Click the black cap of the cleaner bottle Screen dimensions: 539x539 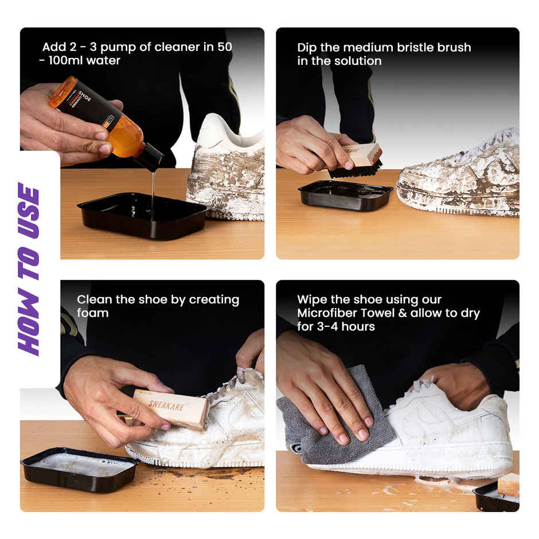pyautogui.click(x=150, y=158)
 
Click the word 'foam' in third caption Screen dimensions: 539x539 pyautogui.click(x=92, y=313)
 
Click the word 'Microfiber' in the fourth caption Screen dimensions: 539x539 pyautogui.click(x=326, y=313)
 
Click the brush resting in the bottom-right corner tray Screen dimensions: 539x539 pyautogui.click(x=508, y=485)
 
